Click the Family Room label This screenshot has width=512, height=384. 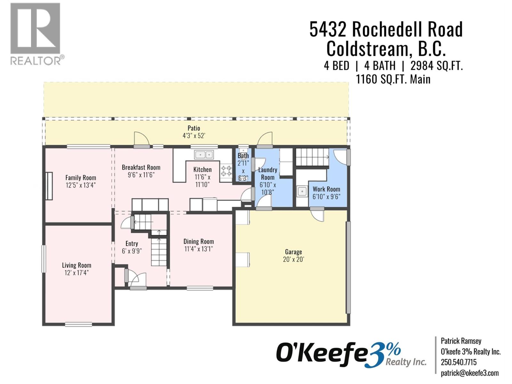tap(81, 178)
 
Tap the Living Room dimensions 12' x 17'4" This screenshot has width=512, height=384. tap(76, 273)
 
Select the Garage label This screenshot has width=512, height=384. tap(293, 252)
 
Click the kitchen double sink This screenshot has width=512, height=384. tap(204, 155)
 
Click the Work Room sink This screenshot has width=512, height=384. tap(302, 191)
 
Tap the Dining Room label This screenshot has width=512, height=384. tap(198, 242)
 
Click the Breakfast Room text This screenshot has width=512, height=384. tap(141, 167)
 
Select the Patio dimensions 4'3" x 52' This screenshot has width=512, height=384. tap(194, 136)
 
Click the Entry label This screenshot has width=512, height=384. tap(132, 244)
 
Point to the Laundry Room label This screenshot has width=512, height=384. tap(268, 173)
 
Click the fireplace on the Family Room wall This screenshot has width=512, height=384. tap(49, 186)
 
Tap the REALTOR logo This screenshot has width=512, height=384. tap(36, 34)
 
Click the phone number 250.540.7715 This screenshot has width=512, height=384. tap(459, 362)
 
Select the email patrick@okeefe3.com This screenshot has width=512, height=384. tap(469, 373)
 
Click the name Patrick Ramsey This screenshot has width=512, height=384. tap(461, 341)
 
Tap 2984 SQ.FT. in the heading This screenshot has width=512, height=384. tap(436, 66)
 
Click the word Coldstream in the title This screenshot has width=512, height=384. tap(367, 49)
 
